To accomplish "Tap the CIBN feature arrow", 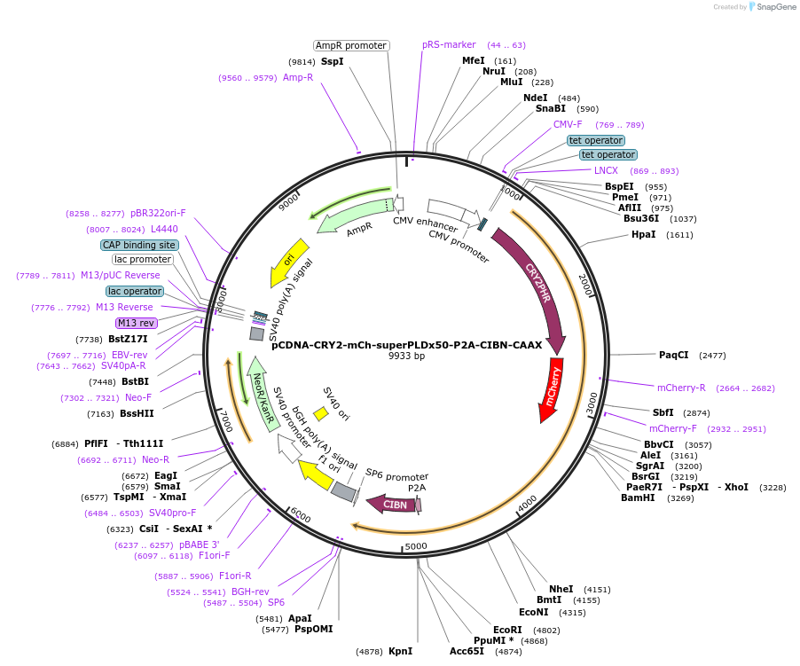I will [396, 505].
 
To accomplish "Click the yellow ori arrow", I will [290, 259].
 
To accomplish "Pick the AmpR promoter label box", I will [351, 45].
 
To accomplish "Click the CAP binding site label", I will [139, 245].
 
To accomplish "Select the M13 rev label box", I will [136, 324].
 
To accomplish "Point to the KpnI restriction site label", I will [400, 651].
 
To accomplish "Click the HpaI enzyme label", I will [643, 235].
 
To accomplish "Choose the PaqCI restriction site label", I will [673, 355].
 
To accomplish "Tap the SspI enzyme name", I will [332, 62].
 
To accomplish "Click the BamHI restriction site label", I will [639, 498].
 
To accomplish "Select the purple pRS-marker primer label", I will [448, 44].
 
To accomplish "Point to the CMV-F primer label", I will [568, 125].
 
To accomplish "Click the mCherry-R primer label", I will [681, 388].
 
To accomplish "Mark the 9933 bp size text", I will [406, 357].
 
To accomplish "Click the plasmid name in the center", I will [406, 346].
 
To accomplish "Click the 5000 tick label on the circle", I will [416, 546].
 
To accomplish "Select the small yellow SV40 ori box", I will [321, 414].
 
